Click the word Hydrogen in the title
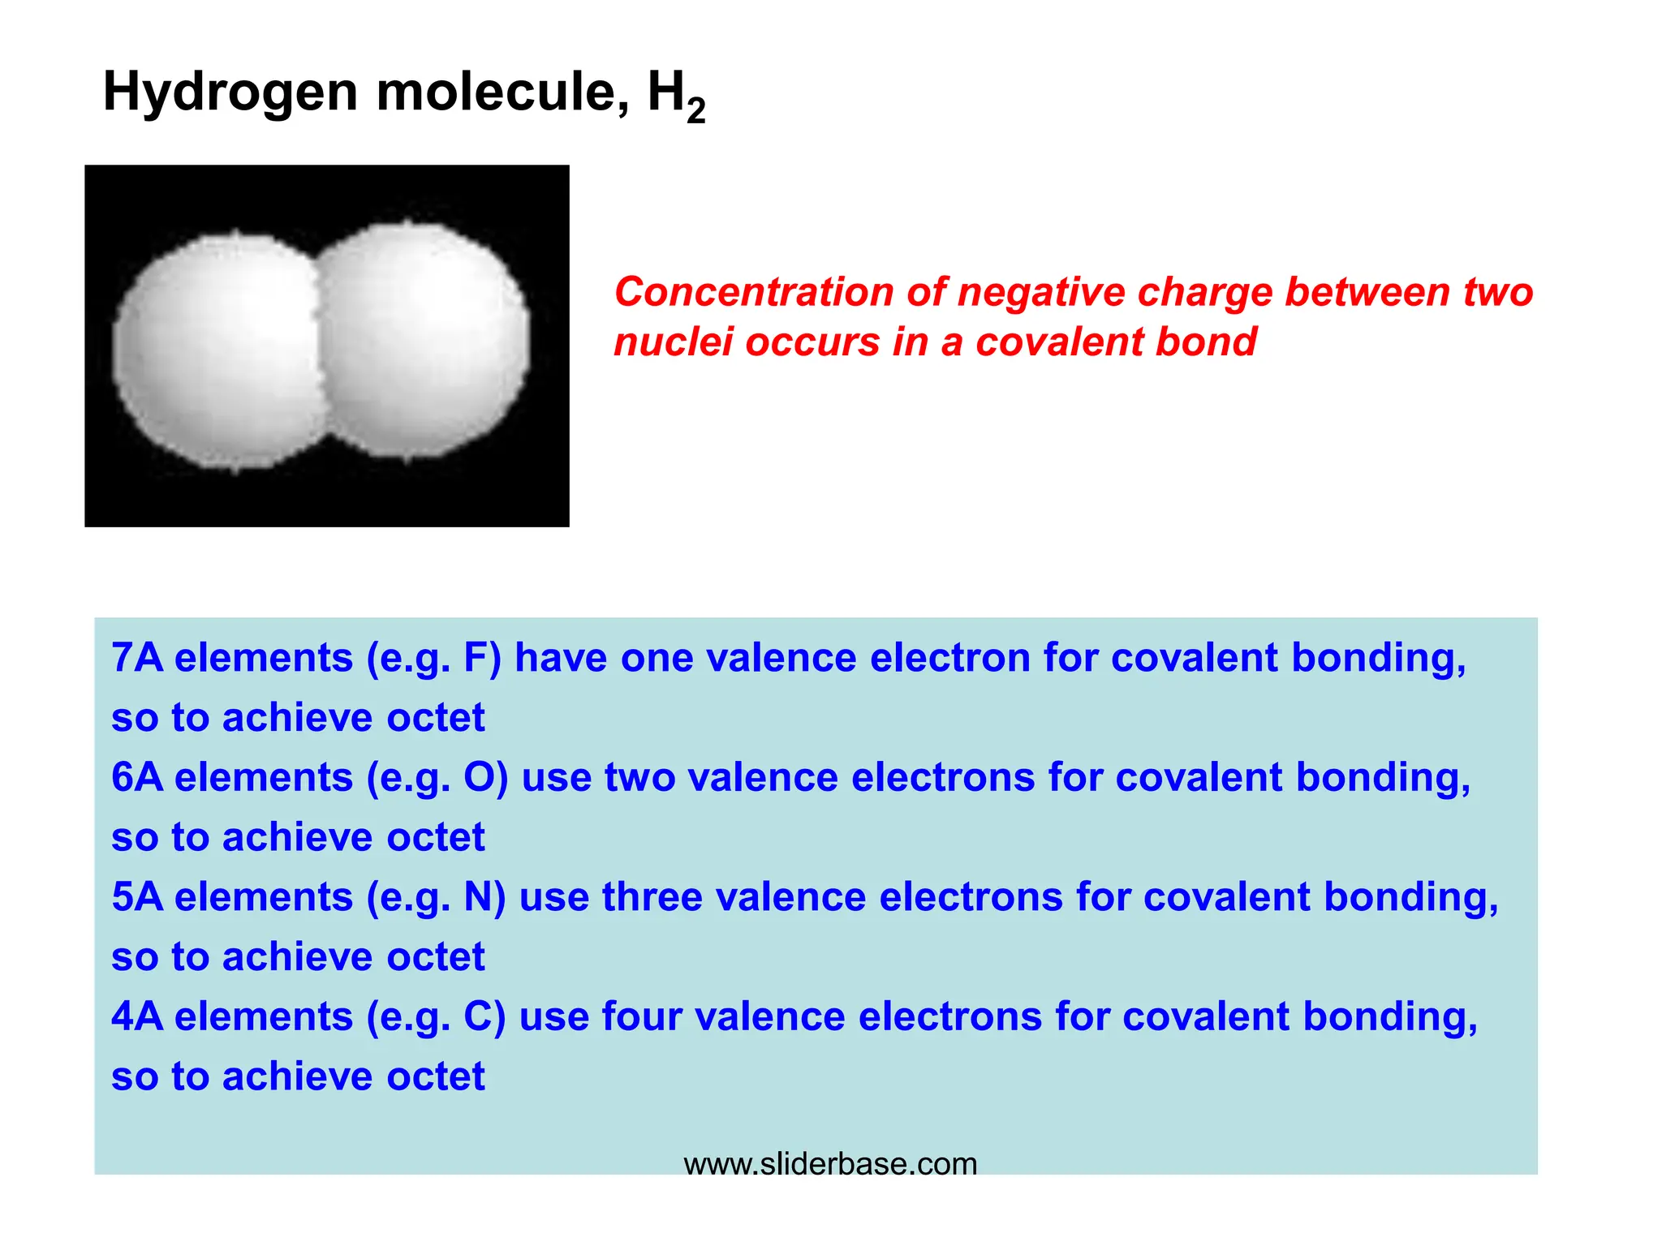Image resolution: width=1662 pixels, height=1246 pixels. tap(230, 92)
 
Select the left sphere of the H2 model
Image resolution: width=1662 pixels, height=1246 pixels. tap(215, 353)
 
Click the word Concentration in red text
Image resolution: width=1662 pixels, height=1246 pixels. tap(754, 292)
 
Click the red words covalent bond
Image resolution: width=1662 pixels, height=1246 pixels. tap(1116, 342)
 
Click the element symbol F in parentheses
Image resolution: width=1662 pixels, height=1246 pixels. tap(476, 658)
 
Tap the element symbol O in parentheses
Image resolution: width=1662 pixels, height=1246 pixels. tap(479, 777)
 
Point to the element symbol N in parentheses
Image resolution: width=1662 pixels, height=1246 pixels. tap(478, 897)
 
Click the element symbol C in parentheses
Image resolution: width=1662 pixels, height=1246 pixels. tap(478, 1016)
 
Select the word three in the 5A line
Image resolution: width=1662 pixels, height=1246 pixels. tap(652, 897)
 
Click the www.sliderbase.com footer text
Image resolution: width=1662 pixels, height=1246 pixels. tap(830, 1164)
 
